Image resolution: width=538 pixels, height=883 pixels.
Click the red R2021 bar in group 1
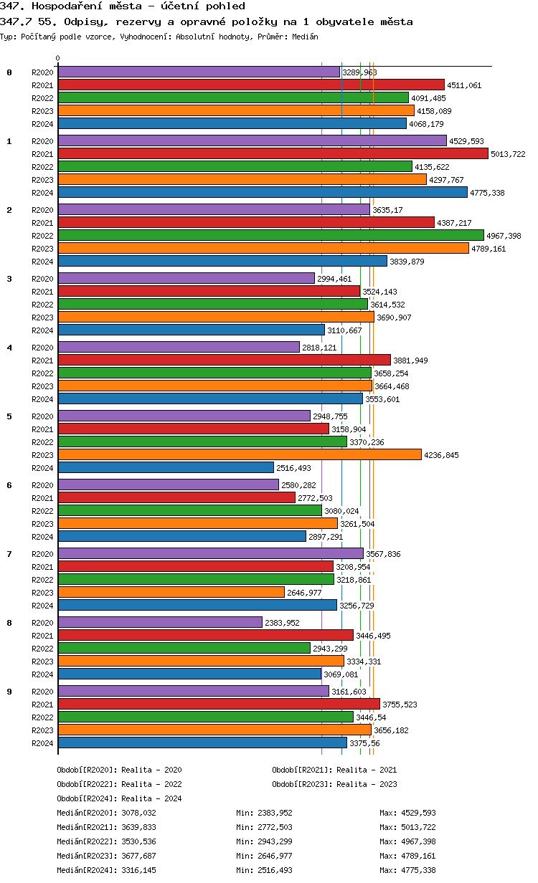(273, 154)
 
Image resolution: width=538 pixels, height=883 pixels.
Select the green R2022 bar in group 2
(270, 236)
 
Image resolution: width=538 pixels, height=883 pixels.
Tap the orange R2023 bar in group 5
(239, 454)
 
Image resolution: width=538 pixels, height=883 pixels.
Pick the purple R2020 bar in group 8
(160, 623)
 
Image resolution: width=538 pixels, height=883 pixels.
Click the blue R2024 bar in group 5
(166, 468)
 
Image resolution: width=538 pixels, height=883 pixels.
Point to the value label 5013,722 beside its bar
(508, 154)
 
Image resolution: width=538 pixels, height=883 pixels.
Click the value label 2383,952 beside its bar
(282, 623)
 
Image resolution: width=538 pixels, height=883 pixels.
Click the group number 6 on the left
(9, 485)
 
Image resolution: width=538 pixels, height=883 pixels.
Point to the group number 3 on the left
(9, 279)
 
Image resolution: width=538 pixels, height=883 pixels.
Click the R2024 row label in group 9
(42, 743)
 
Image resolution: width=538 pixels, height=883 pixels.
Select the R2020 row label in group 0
(42, 72)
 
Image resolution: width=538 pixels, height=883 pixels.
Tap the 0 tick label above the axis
(58, 59)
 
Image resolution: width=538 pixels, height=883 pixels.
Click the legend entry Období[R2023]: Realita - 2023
(334, 784)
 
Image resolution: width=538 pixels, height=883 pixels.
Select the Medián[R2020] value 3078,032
(138, 813)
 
